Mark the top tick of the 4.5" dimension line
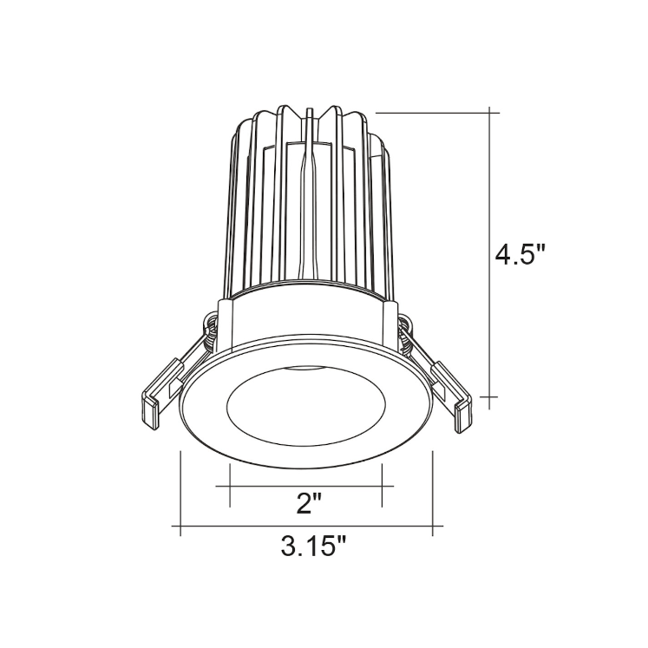tap(492, 112)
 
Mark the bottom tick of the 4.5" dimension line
tap(492, 397)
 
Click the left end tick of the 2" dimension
tap(229, 486)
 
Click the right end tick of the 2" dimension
tap(383, 486)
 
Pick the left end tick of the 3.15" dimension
tap(180, 526)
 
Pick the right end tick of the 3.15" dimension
tap(433, 526)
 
